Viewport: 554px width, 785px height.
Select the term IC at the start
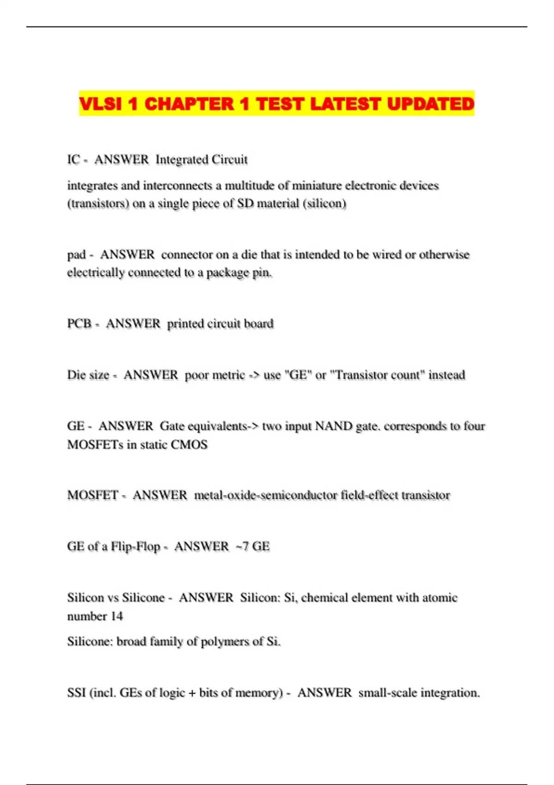(x=73, y=160)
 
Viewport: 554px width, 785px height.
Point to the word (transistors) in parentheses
(x=98, y=204)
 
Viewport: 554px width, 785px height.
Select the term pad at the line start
(x=76, y=255)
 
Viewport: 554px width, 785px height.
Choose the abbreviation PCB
(x=79, y=324)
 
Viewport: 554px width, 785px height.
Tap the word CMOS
(x=189, y=445)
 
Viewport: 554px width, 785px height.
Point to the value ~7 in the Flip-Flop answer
(x=242, y=547)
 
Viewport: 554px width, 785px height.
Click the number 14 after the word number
(x=117, y=616)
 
